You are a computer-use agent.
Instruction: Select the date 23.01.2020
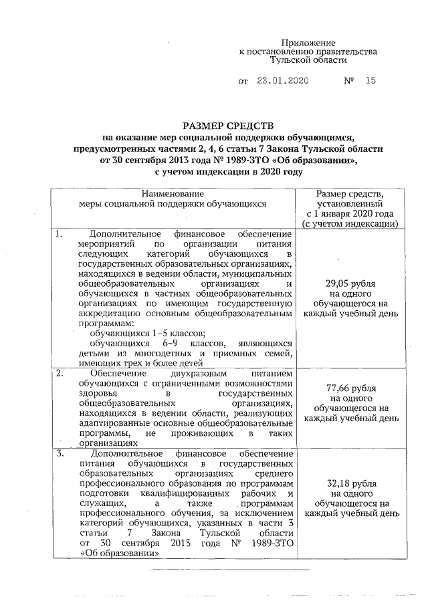[283, 82]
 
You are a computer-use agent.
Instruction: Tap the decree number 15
[370, 82]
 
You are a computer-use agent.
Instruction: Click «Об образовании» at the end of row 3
[118, 554]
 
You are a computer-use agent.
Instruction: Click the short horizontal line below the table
[230, 570]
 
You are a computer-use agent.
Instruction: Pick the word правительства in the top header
[349, 51]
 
